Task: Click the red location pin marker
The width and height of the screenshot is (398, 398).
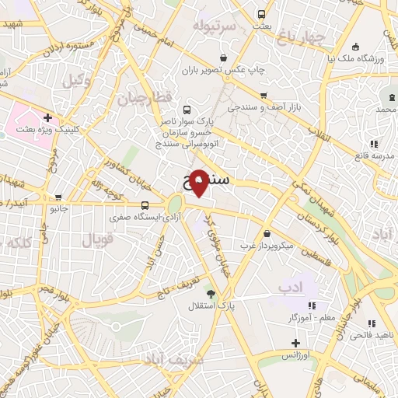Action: tap(199, 181)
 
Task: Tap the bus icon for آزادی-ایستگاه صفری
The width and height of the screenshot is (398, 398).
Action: tap(145, 206)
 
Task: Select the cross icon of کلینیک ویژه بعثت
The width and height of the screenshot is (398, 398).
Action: tap(48, 118)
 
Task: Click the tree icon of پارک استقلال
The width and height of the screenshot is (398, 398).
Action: tap(211, 293)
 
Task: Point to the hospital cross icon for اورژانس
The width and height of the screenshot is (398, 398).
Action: tap(295, 343)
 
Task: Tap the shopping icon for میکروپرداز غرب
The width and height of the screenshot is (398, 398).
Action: tap(267, 233)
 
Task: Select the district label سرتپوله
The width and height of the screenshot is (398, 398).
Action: tap(215, 26)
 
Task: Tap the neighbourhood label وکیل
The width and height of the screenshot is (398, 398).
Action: tap(78, 79)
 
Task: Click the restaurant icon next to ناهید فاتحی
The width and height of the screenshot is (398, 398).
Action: tap(372, 323)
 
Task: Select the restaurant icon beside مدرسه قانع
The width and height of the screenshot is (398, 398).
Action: tap(374, 144)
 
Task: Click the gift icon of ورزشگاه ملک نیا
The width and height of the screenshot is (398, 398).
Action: tap(355, 45)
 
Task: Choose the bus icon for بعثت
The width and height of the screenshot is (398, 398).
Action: tap(261, 14)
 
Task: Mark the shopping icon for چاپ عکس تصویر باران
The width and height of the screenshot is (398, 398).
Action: tap(224, 57)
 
